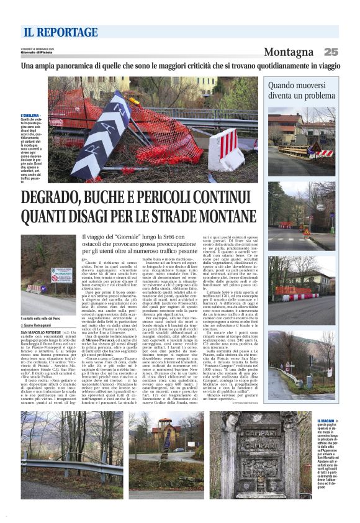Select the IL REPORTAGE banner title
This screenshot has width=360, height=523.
(x=53, y=32)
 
